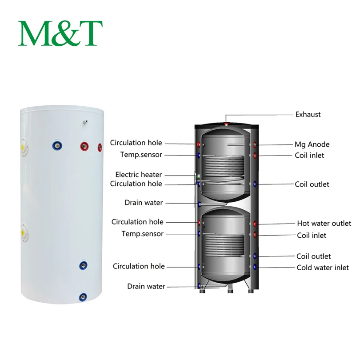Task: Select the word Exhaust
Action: [308, 114]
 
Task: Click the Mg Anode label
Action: [312, 144]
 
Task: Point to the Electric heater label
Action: [139, 175]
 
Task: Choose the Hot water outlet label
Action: [324, 223]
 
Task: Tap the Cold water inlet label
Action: [323, 268]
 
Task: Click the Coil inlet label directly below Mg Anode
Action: [309, 155]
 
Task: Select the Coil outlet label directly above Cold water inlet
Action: [313, 256]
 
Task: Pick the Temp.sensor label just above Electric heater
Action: [141, 155]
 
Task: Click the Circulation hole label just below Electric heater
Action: [136, 184]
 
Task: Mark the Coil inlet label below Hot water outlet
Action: [312, 235]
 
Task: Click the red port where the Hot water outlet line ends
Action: [255, 224]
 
